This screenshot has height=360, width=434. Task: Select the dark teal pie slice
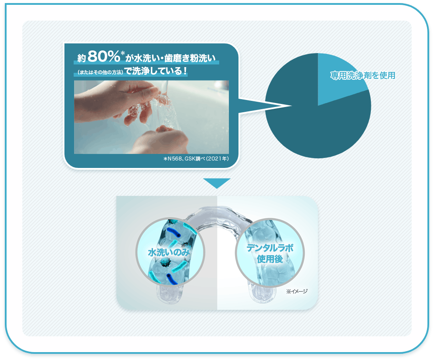[313, 122]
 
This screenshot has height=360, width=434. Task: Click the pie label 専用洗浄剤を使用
[363, 75]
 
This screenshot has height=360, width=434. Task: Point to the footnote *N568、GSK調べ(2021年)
[196, 159]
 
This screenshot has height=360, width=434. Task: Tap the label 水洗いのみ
[169, 252]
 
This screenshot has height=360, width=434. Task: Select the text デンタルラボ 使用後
[270, 253]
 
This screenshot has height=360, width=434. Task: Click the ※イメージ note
[297, 291]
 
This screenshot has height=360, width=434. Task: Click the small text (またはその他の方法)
[100, 72]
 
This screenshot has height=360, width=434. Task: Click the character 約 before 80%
[82, 58]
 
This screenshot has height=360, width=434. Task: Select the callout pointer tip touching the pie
[292, 106]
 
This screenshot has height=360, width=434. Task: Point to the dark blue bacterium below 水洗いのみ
[172, 279]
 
